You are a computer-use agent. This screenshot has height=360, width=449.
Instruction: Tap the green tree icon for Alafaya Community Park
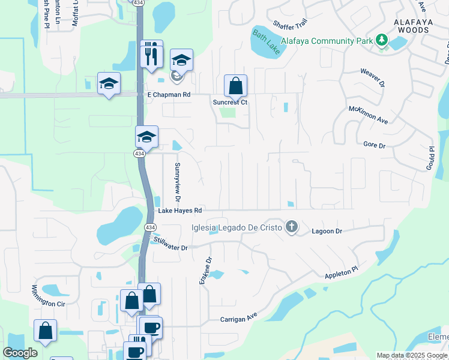point(381,40)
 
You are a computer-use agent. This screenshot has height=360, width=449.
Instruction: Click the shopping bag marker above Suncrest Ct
point(236,86)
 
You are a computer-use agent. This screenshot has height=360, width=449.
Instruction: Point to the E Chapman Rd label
point(169,95)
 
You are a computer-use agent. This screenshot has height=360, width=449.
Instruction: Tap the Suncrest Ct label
point(230,102)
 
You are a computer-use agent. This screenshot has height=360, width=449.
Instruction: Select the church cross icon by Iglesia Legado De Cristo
point(292,227)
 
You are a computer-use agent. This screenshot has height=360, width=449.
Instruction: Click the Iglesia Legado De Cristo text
point(237,227)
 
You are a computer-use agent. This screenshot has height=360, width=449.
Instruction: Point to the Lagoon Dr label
point(327,231)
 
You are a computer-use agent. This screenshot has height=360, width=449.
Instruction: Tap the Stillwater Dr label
point(170,244)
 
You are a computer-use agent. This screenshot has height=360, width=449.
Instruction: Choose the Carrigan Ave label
point(238,319)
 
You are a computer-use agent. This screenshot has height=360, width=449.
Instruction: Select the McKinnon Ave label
point(369,115)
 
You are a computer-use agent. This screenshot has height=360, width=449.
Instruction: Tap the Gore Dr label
point(374,145)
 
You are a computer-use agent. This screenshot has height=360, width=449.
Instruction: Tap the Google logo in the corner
point(20,353)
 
